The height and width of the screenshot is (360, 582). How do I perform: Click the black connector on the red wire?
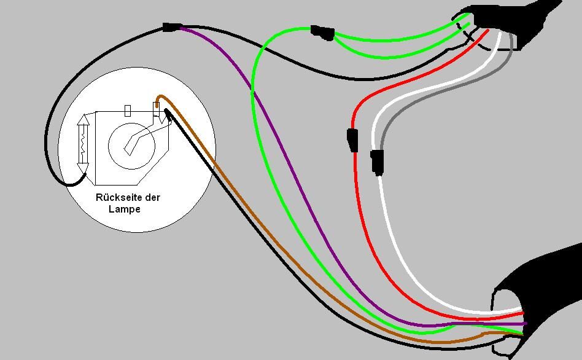point(352,139)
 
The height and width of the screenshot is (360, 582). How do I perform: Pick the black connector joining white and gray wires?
point(377,162)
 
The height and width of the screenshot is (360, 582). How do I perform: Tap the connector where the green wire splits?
point(322,32)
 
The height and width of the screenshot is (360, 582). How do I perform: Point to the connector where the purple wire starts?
point(171,27)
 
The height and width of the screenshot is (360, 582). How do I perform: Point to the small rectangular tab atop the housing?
point(128,111)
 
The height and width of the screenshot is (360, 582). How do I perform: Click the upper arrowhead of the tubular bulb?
point(83,121)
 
